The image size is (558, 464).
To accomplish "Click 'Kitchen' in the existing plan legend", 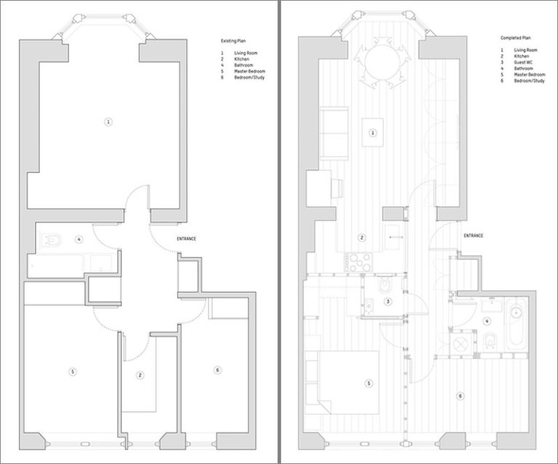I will [x=241, y=59].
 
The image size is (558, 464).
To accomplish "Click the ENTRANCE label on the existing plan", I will [x=187, y=239].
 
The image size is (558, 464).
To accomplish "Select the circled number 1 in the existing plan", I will [x=108, y=121].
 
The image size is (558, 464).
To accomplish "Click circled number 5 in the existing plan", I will [x=72, y=372].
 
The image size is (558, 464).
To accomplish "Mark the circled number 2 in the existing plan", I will [x=140, y=375].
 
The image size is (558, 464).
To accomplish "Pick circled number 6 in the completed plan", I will [x=459, y=396].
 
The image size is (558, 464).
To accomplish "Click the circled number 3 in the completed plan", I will [x=387, y=302].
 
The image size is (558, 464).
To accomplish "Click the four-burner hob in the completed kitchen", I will [x=358, y=261].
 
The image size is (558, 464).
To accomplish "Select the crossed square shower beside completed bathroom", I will [x=461, y=344].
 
